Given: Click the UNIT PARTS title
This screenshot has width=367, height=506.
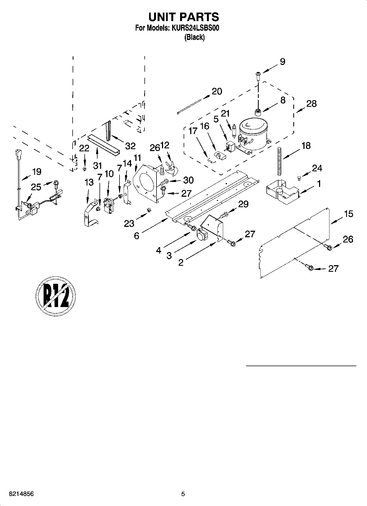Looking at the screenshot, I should (183, 17).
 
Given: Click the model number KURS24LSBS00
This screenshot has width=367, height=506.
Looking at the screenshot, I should (195, 28).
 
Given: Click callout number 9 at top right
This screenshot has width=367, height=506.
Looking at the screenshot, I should (282, 62).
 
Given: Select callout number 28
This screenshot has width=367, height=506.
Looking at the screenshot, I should (312, 103).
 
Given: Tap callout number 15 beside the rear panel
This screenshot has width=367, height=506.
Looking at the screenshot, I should (348, 214).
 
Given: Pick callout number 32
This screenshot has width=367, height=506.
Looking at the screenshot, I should (130, 146).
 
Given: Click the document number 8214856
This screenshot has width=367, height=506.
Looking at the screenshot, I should (21, 494).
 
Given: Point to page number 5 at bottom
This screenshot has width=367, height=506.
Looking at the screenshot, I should (183, 494).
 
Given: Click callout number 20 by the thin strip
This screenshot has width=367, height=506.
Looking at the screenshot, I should (217, 91).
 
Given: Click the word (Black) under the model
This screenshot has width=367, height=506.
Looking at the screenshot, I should (194, 37).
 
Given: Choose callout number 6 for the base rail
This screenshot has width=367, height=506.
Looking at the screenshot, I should (136, 236).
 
